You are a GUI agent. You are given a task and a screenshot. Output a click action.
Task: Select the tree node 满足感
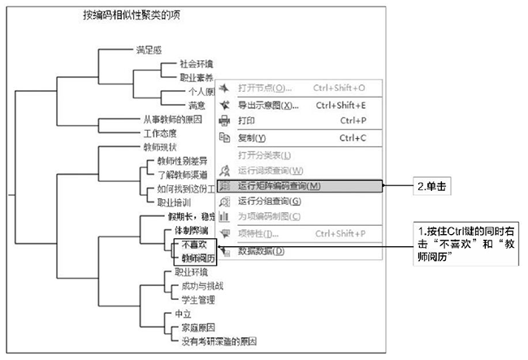[x=149, y=50]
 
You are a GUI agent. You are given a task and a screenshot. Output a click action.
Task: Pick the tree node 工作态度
[x=160, y=134]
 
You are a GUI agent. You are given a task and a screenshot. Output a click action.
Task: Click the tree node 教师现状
[x=160, y=148]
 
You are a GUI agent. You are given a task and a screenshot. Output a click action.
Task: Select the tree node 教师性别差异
[x=182, y=162]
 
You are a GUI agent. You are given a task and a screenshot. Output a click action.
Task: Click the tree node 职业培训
[x=174, y=202]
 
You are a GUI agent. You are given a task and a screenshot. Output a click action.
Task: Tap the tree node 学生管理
[x=192, y=300]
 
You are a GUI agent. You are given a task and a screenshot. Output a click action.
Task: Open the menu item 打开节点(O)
[x=265, y=88]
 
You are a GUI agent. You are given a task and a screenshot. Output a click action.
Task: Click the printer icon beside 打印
[x=225, y=121]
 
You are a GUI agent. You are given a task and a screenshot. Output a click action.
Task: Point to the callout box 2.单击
[x=431, y=186]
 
